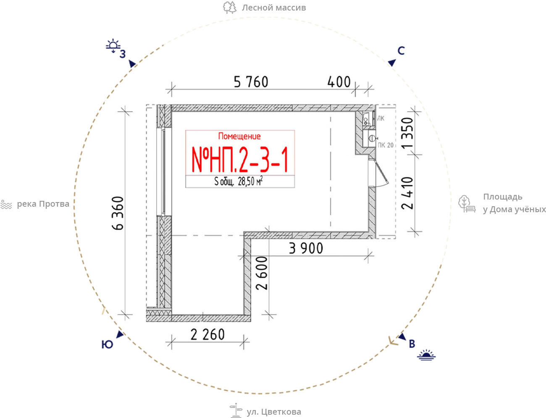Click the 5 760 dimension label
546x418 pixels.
point(251,82)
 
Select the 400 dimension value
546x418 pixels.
point(339,82)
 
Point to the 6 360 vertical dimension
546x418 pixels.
point(118,213)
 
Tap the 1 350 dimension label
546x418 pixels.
point(407,133)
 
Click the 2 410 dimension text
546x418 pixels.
point(407,193)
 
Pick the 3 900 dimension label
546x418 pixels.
point(306,248)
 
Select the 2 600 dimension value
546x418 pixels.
point(262,273)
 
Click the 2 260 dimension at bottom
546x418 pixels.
point(208,334)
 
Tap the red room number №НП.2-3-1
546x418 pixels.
point(240,160)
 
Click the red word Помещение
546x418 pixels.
point(239,136)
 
